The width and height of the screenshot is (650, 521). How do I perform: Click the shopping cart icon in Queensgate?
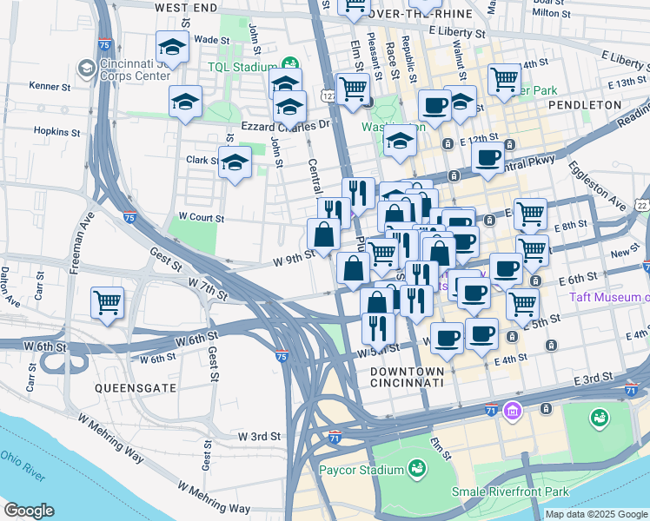tap(108, 304)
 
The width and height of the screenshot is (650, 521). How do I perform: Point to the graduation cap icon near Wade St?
tap(172, 48)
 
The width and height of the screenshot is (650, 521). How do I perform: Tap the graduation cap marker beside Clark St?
tap(235, 162)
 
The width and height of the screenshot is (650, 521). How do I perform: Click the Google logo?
tap(29, 511)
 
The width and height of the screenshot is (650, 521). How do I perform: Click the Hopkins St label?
tap(56, 132)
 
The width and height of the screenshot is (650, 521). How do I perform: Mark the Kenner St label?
tap(49, 86)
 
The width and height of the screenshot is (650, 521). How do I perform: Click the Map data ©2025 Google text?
tap(596, 514)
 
